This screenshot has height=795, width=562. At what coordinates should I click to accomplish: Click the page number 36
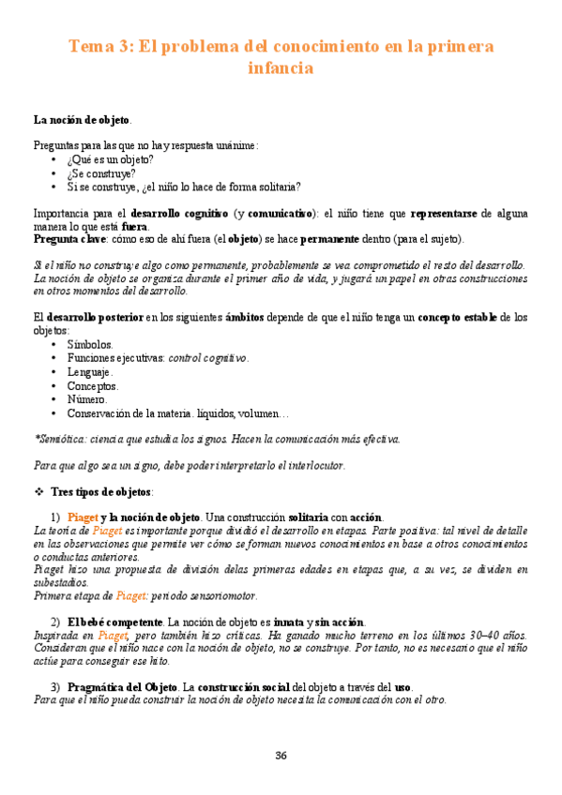(281, 756)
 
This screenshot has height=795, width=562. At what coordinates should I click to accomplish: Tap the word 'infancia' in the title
(280, 68)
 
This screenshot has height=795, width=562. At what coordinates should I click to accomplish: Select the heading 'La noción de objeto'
(82, 120)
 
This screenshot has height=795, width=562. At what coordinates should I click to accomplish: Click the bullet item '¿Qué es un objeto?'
(111, 159)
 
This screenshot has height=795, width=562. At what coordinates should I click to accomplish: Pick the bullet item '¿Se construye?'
(100, 172)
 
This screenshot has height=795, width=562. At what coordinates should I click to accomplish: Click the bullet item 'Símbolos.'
(90, 344)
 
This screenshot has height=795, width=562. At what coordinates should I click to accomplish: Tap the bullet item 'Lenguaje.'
(90, 372)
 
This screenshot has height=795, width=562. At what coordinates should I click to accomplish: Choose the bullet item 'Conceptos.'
(93, 385)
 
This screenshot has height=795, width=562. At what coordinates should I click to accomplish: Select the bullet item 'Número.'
(87, 399)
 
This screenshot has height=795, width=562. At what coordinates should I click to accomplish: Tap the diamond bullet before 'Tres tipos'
(38, 491)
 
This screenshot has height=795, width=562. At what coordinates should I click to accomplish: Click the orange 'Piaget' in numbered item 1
(84, 517)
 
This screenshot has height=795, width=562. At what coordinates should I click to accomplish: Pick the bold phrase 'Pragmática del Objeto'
(126, 685)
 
